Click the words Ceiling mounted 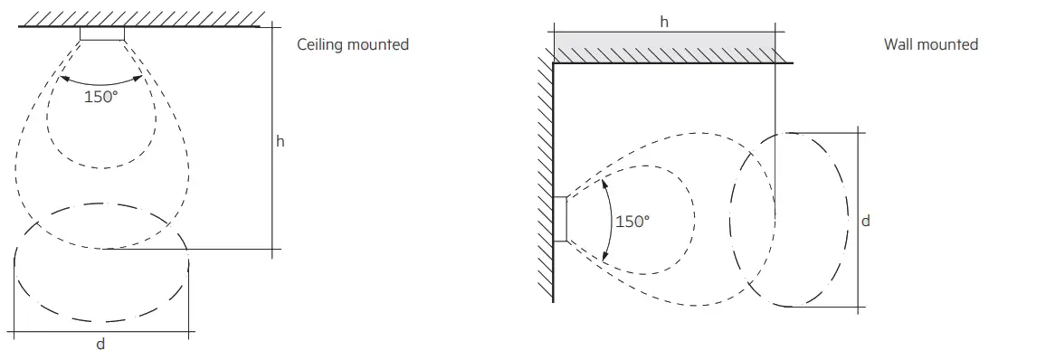(353, 44)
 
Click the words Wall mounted (931, 44)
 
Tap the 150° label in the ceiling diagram (101, 97)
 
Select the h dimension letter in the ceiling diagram (281, 141)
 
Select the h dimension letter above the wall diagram (664, 22)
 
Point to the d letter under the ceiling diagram (100, 344)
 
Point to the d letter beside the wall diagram (866, 220)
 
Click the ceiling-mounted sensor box (101, 34)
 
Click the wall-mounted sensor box (560, 220)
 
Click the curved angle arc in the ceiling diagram (100, 79)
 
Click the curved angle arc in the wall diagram (608, 220)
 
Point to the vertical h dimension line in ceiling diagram (271, 181)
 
